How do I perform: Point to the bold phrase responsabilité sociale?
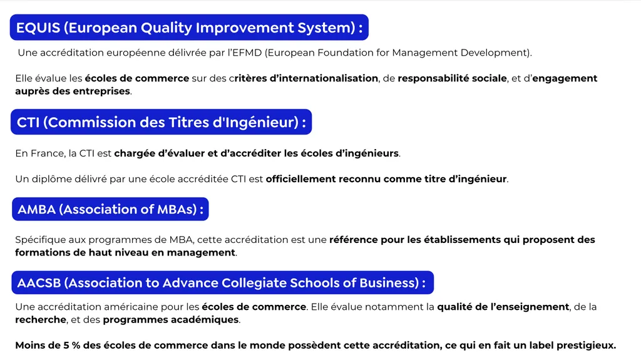pyautogui.click(x=452, y=78)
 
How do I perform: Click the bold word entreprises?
pyautogui.click(x=102, y=91)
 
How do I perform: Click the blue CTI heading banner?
pyautogui.click(x=161, y=122)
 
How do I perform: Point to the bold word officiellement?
pyautogui.click(x=300, y=179)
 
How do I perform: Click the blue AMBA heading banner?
pyautogui.click(x=110, y=210)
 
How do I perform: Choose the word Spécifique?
pyautogui.click(x=38, y=240)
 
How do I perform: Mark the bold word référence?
pyautogui.click(x=353, y=240)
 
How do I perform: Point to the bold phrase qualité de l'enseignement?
pyautogui.click(x=503, y=307)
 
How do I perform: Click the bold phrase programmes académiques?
pyautogui.click(x=171, y=319)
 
